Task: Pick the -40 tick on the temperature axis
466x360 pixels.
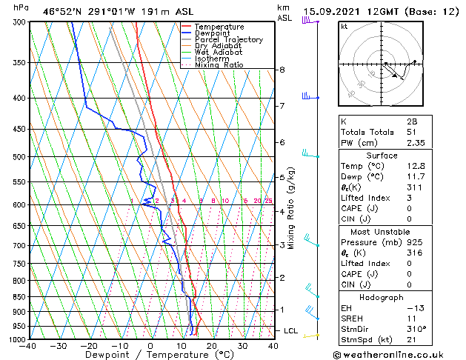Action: pos(28,346)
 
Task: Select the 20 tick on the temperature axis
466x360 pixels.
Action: pos(211,346)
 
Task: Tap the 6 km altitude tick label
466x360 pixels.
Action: pos(282,141)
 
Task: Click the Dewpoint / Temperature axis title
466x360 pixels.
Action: pos(150,355)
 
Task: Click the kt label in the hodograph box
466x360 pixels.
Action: pos(344,26)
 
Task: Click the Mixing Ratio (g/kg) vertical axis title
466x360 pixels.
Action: pos(291,208)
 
